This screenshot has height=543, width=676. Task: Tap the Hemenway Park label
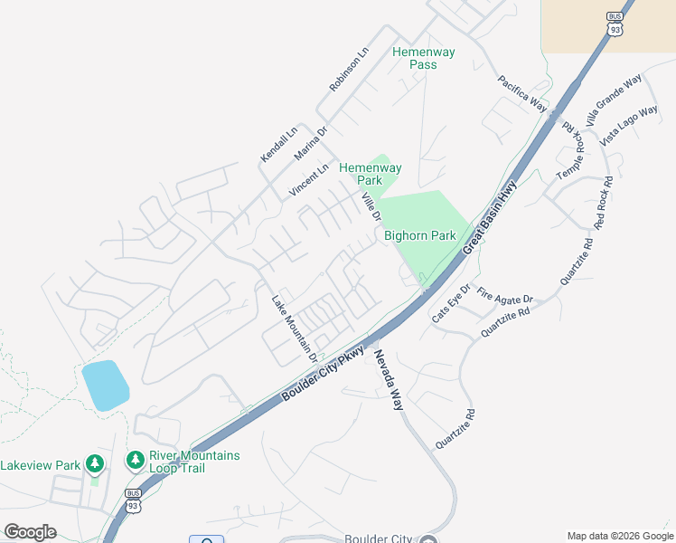pos(370,174)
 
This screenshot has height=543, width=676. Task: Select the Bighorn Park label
pos(420,235)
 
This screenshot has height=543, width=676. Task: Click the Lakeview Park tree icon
pos(95,464)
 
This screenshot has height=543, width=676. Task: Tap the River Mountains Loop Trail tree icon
pos(136,461)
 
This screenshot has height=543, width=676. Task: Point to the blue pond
pos(105,386)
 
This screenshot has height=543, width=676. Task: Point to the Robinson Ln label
pos(349,71)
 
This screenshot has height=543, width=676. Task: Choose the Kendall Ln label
pos(278,144)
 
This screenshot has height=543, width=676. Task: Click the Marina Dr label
pos(310,143)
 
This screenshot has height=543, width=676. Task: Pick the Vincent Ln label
pos(308,180)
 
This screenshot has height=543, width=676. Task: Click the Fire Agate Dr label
pos(505,295)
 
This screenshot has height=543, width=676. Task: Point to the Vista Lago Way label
pos(629,125)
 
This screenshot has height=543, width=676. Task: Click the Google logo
pos(30,532)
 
